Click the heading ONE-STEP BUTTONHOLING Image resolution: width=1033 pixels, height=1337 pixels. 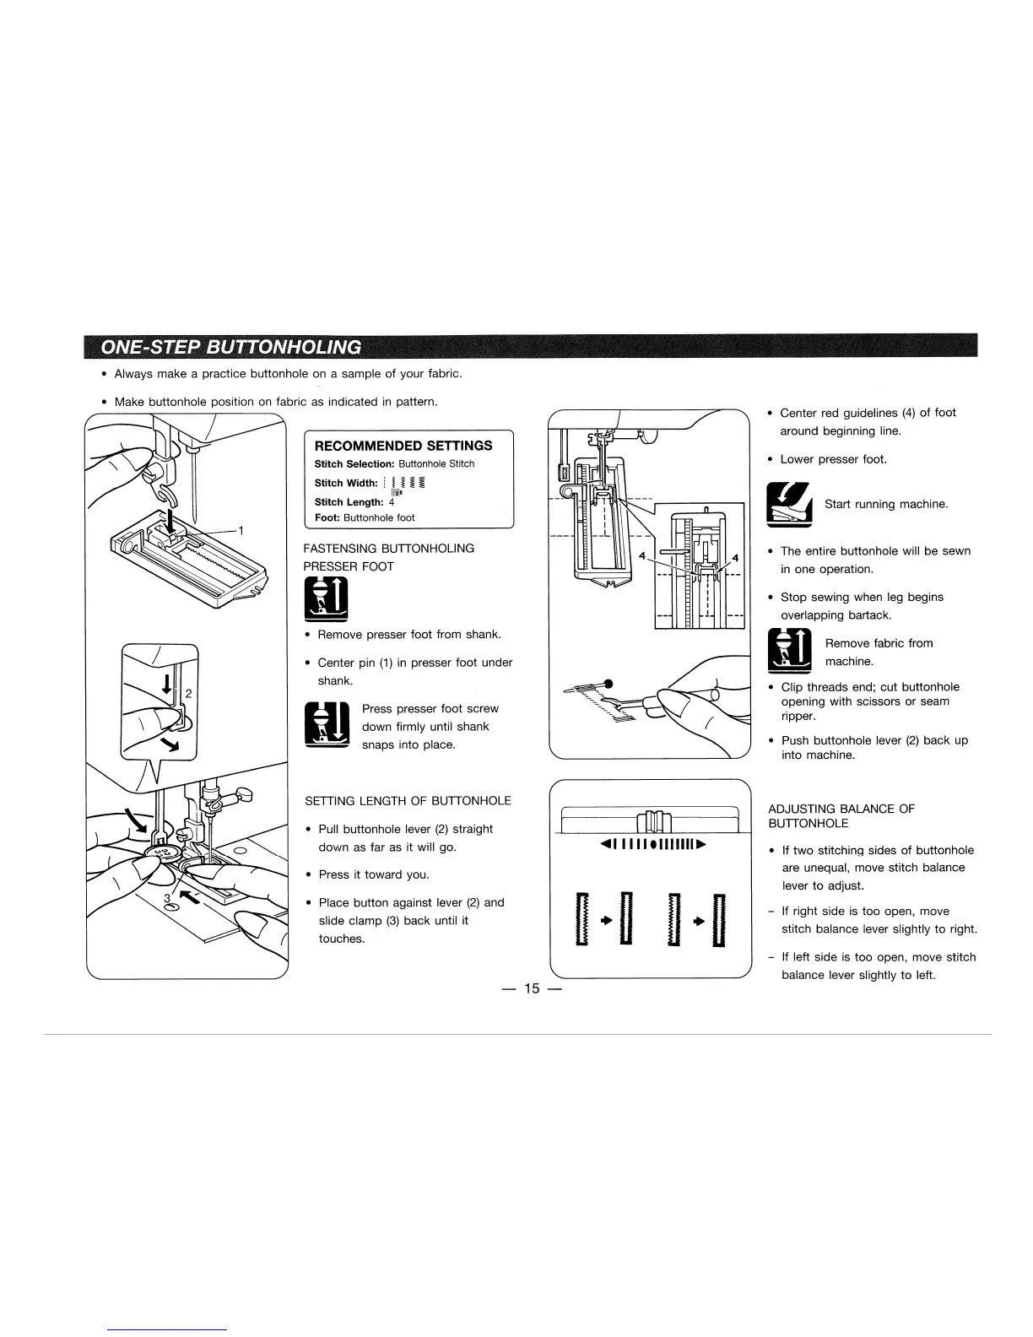pos(230,347)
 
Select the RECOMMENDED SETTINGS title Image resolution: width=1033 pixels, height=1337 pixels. pos(403,446)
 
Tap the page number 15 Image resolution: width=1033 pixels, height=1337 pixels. pos(531,988)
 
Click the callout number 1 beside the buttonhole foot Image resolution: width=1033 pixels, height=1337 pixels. pos(241,531)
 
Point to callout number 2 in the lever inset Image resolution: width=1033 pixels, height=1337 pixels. pos(188,695)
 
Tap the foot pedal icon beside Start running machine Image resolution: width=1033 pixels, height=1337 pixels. pos(788,505)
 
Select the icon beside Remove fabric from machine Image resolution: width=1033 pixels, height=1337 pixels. pos(788,652)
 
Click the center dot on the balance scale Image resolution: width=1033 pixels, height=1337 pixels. pos(653,844)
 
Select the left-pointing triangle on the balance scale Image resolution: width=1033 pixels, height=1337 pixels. pos(603,844)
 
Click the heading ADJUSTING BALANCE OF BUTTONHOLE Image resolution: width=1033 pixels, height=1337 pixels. pos(841,816)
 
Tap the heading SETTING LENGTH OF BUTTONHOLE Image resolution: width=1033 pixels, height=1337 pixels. pos(408,801)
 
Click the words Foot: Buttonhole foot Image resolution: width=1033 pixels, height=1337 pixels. pos(365,517)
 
